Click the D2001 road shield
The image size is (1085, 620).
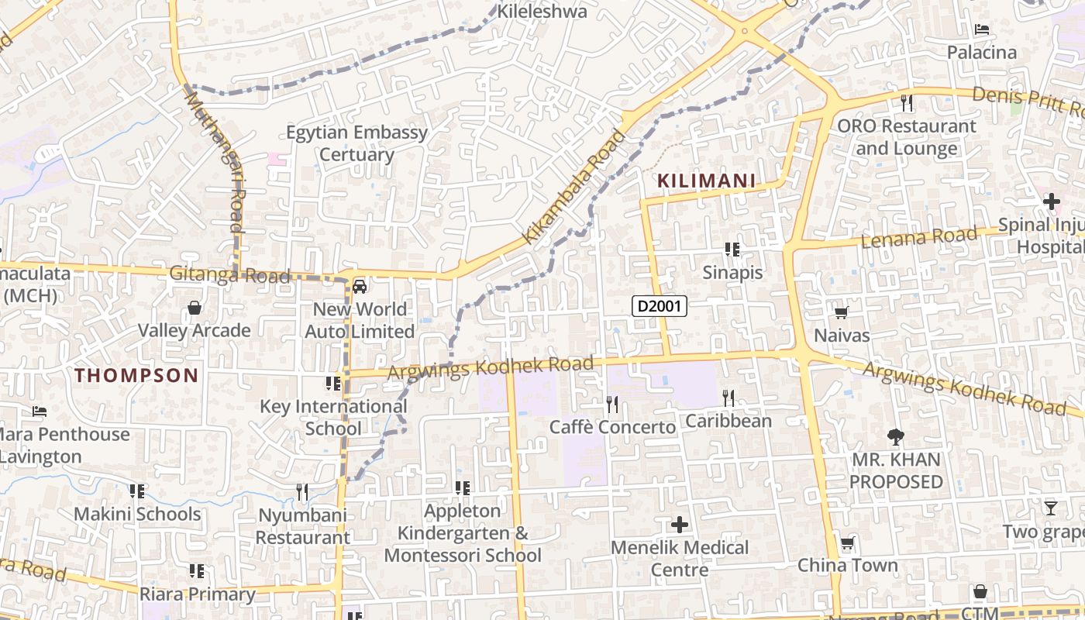[660, 306]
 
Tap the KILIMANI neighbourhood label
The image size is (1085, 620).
[706, 181]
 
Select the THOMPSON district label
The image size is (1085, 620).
[137, 375]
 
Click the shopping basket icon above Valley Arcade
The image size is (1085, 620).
[195, 308]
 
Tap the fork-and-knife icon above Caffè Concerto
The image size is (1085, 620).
[612, 404]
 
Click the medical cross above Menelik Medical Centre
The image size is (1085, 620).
[680, 525]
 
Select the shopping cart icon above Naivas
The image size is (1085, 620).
[841, 312]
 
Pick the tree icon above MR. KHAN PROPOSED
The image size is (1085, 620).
[896, 437]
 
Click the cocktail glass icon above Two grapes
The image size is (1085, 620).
[1050, 508]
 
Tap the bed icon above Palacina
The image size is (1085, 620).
[981, 30]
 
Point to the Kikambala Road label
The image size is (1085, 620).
[574, 187]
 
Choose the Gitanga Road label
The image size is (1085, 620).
[230, 275]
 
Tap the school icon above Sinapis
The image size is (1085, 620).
[732, 250]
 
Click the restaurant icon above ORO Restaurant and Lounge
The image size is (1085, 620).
[907, 102]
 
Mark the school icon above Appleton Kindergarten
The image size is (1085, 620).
[463, 488]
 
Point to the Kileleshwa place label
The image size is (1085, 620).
[542, 12]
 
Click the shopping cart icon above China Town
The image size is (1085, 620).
[848, 542]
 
